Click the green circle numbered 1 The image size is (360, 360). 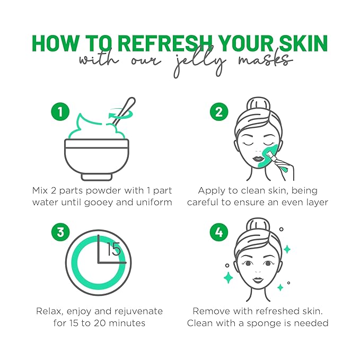[x=60, y=112]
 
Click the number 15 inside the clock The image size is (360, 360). [x=113, y=249]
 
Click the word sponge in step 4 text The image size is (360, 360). [x=276, y=323]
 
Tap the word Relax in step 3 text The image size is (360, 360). [x=49, y=311]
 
